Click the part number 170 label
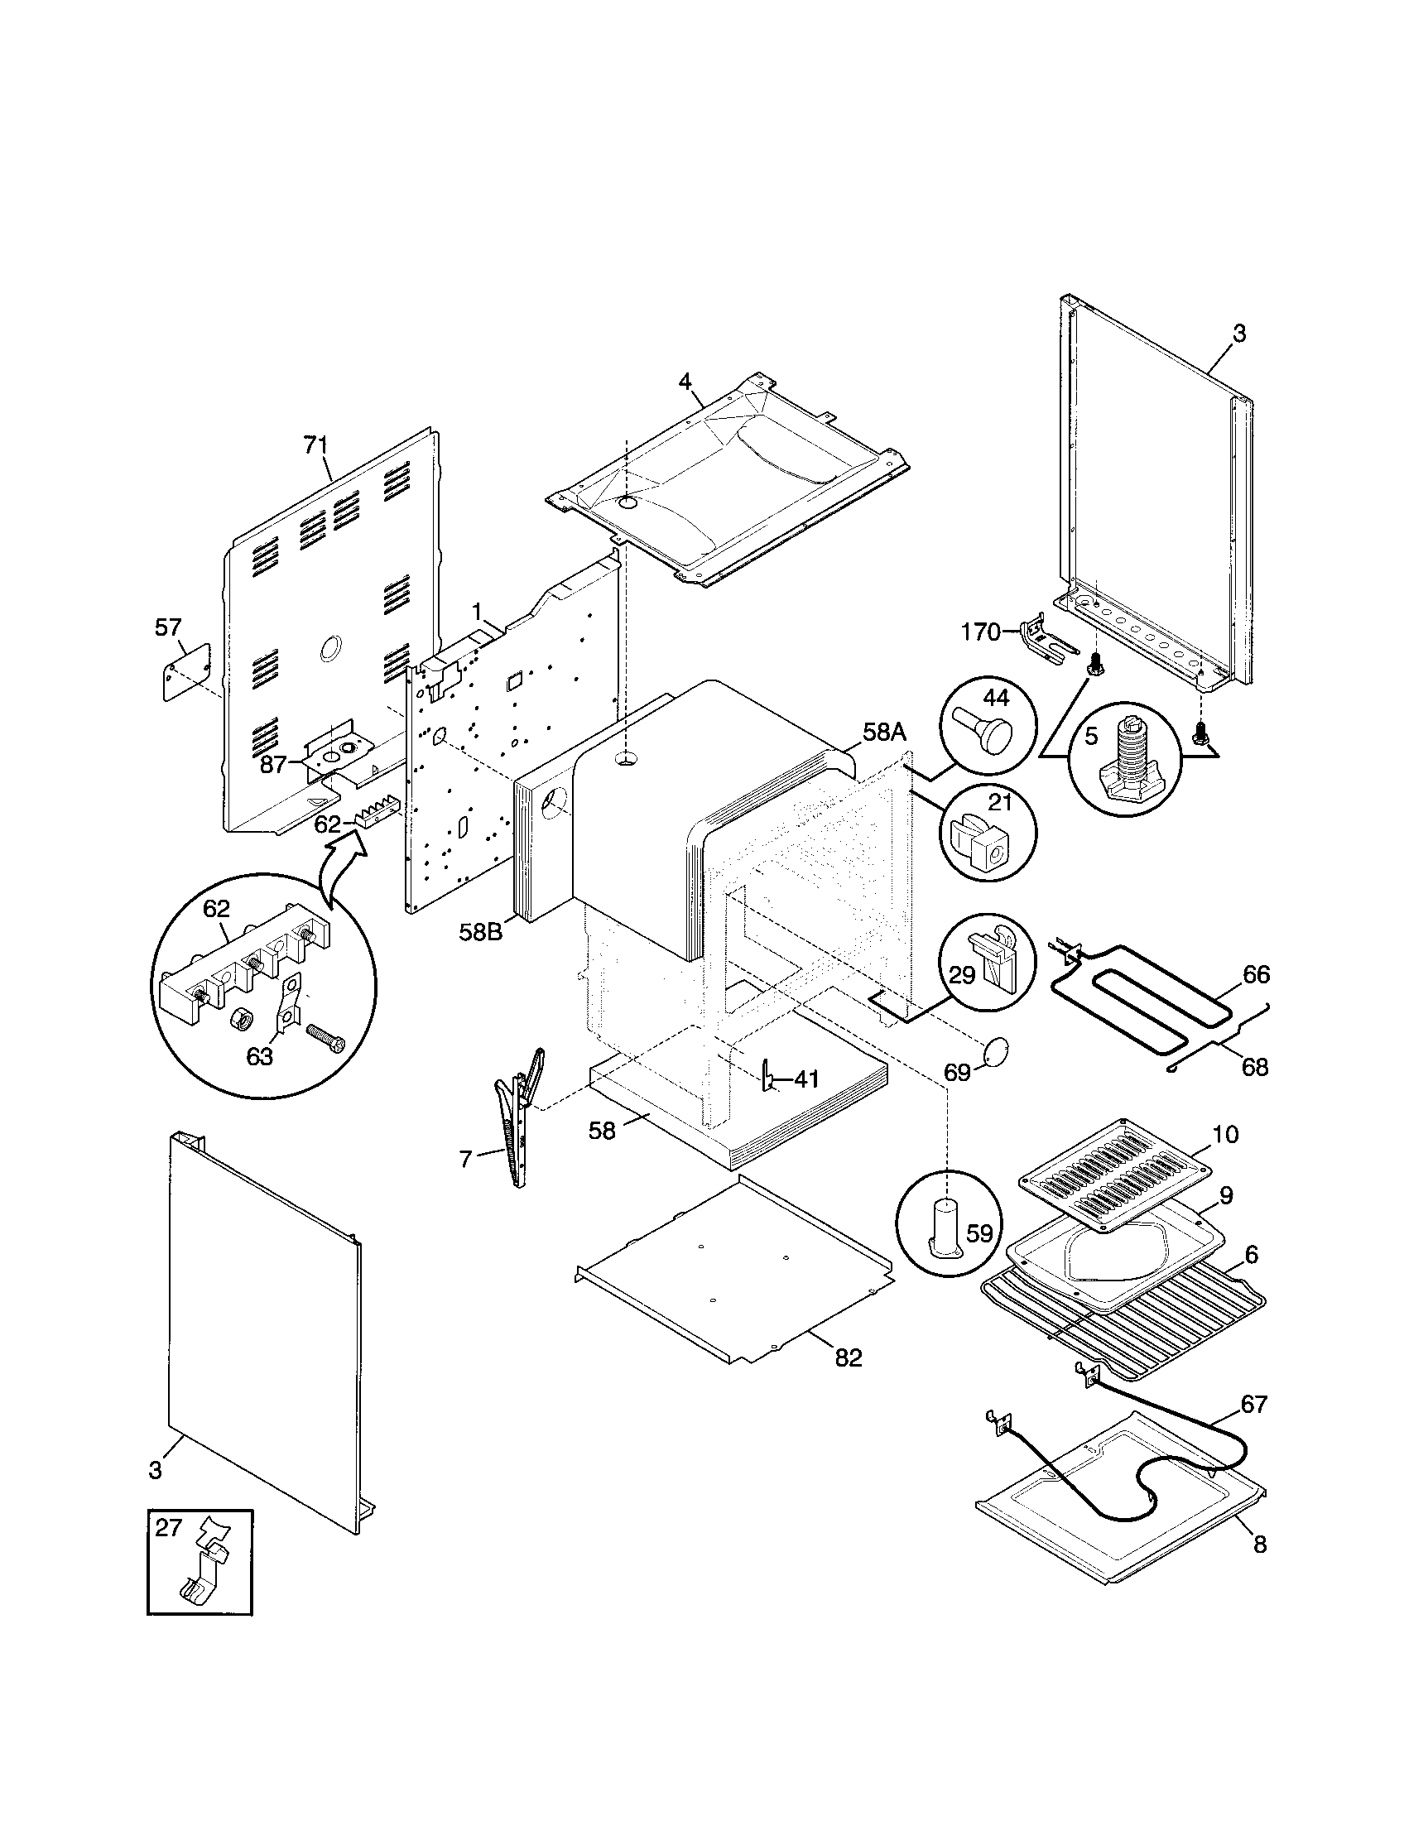tap(979, 633)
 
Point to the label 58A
tap(883, 733)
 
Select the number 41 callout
tap(805, 1079)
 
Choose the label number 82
tap(849, 1358)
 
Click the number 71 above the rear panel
tap(315, 446)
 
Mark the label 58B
tap(481, 932)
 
